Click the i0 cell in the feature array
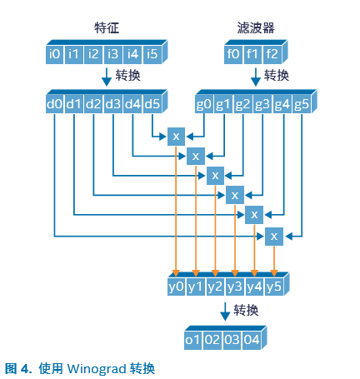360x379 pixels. pos(54,54)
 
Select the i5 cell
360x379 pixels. pos(152,54)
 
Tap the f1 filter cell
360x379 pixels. pos(252,54)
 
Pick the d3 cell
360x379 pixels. pos(113,104)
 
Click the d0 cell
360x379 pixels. pos(54,104)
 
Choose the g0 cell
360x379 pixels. pos(204,104)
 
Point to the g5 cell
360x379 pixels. pos(302,104)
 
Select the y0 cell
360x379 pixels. pos(176,287)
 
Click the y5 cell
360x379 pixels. pos(274,287)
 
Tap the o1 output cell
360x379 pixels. pos(193,340)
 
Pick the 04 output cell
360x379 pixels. pos(252,340)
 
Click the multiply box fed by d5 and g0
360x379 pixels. pos(176,137)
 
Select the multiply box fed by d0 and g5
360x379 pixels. pos(274,237)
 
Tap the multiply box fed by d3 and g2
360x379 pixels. pos(215,176)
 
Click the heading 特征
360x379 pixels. pos(107,27)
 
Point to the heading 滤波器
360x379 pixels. pos(256,27)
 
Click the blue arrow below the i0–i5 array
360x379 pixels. pos(107,77)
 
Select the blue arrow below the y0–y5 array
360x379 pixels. pos(225,312)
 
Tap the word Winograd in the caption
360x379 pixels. pos(97,369)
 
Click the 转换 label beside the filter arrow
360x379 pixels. pos(277,76)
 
